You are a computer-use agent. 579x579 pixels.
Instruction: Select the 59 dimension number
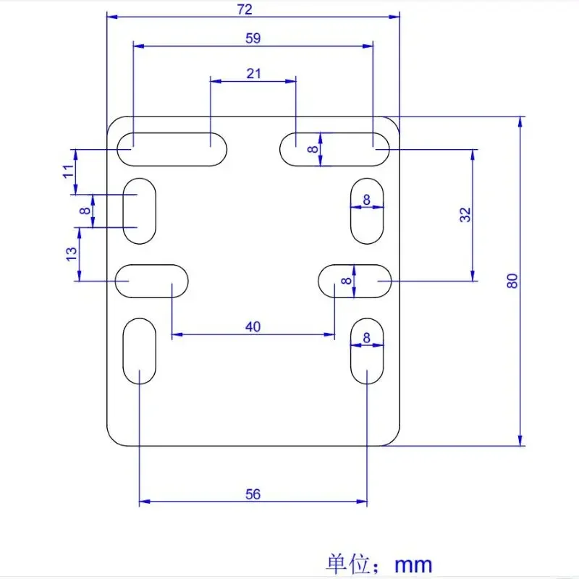pyautogui.click(x=253, y=38)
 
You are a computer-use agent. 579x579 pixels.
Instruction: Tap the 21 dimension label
pyautogui.click(x=253, y=73)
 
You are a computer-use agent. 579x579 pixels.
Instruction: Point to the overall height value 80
pyautogui.click(x=512, y=282)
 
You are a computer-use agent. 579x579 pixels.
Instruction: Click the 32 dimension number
pyautogui.click(x=465, y=214)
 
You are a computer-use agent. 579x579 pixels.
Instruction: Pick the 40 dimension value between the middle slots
pyautogui.click(x=252, y=327)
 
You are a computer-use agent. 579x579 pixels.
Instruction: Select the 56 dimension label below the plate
pyautogui.click(x=252, y=494)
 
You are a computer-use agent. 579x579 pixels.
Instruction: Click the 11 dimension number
pyautogui.click(x=68, y=172)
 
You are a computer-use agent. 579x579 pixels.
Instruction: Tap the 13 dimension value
pyautogui.click(x=71, y=254)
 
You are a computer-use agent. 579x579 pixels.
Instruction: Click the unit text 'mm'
pyautogui.click(x=414, y=564)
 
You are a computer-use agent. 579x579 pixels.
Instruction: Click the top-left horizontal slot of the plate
pyautogui.click(x=172, y=148)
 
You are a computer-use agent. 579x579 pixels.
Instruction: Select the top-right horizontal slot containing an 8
pyautogui.click(x=335, y=148)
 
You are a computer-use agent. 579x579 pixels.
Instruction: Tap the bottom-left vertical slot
pyautogui.click(x=139, y=350)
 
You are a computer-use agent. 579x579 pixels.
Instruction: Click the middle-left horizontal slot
pyautogui.click(x=152, y=281)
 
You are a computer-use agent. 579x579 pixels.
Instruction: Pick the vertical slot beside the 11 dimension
pyautogui.click(x=140, y=211)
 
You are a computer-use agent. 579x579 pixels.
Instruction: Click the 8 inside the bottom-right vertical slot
pyautogui.click(x=367, y=337)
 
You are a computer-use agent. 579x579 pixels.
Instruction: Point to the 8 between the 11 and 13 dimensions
pyautogui.click(x=85, y=211)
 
